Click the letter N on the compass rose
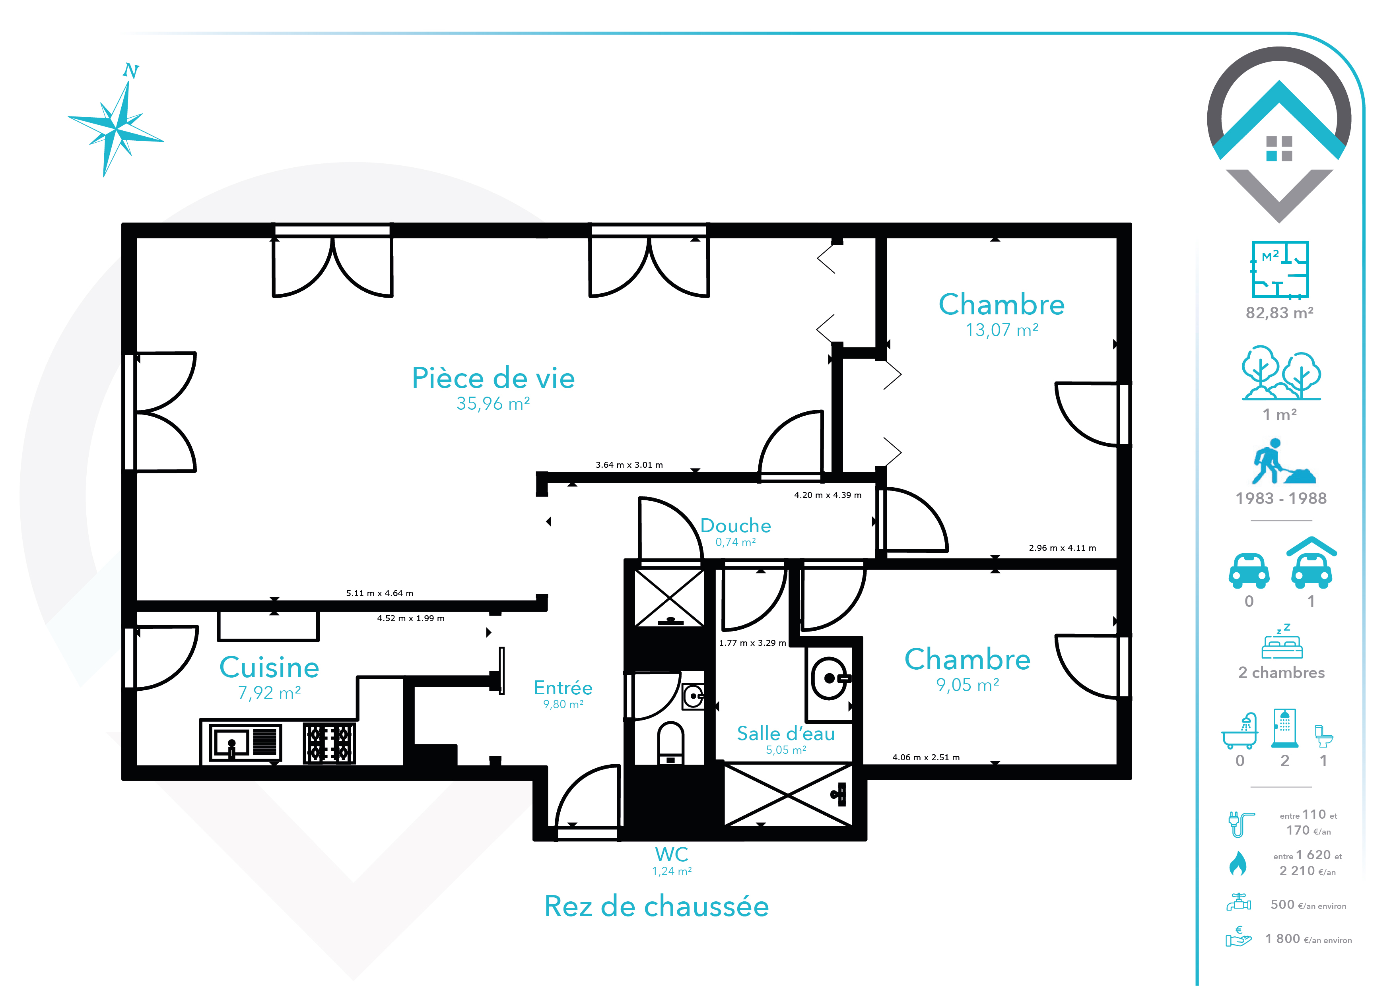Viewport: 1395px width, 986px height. point(130,71)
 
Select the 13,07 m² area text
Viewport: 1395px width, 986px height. point(1002,330)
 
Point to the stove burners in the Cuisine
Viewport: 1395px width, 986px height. point(329,742)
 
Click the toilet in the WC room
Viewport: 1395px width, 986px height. point(671,741)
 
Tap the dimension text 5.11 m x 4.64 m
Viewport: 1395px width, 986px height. point(380,593)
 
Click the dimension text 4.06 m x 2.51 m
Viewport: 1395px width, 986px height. point(926,757)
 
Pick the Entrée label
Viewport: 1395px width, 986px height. point(563,688)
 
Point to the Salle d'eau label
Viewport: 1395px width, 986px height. point(786,733)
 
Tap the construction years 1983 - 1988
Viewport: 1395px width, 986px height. point(1281,498)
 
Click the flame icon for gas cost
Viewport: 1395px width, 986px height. point(1238,863)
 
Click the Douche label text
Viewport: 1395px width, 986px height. point(735,526)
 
